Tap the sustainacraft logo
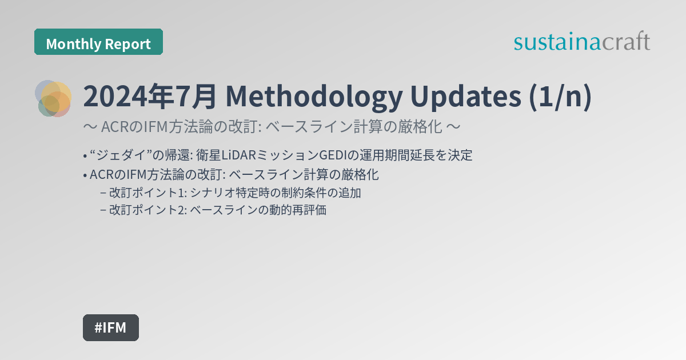pyautogui.click(x=582, y=42)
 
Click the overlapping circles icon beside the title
pyautogui.click(x=54, y=98)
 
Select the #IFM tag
pyautogui.click(x=110, y=327)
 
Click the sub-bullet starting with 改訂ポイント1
pyautogui.click(x=234, y=193)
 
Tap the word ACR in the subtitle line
pyautogui.click(x=113, y=126)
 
